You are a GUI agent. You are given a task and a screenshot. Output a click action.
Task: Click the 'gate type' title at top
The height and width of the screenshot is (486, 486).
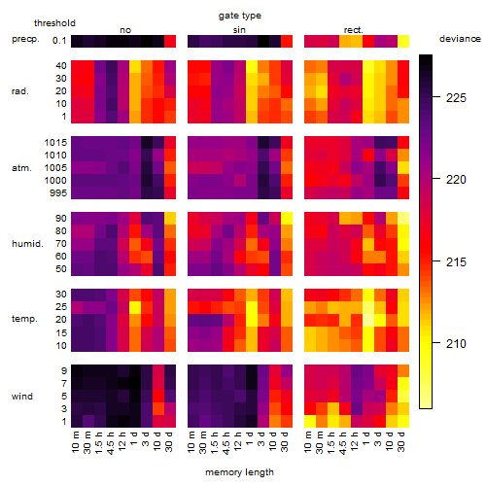point(240,16)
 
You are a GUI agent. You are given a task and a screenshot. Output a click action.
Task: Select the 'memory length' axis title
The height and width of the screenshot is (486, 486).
point(240,472)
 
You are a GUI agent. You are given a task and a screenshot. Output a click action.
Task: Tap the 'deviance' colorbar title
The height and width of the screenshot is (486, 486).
point(460,39)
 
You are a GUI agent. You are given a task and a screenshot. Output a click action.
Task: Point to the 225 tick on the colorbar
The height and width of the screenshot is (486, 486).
point(436,96)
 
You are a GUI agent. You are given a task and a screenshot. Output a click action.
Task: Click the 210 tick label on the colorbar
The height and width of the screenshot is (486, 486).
point(456,343)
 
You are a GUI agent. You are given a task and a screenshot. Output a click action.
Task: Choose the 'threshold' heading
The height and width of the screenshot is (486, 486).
point(54,23)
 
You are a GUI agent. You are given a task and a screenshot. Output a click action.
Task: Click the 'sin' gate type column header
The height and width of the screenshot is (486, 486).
point(239,30)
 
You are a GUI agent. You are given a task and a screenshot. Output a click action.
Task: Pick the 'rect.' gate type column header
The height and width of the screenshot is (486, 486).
point(353,30)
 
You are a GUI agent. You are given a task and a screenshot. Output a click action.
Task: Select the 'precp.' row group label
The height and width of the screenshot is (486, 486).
point(25,39)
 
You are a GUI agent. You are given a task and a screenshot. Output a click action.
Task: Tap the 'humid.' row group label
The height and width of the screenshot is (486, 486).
point(27,243)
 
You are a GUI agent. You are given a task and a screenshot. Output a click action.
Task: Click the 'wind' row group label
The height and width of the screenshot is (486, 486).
point(22,397)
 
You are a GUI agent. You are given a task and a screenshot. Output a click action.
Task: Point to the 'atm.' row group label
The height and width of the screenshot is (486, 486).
point(21,168)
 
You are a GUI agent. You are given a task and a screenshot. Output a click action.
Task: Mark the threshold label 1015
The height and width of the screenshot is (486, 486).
point(55,143)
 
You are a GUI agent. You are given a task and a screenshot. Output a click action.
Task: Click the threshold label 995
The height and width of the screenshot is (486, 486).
point(58,193)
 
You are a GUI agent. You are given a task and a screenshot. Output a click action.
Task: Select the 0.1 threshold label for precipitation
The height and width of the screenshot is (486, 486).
point(59,41)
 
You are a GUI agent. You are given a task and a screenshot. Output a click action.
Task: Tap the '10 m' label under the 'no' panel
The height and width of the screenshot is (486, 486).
point(75,442)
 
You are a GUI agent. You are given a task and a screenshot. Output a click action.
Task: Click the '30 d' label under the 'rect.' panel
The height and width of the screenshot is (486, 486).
point(401,442)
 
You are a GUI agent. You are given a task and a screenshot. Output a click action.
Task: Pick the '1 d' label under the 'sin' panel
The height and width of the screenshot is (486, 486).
point(250,438)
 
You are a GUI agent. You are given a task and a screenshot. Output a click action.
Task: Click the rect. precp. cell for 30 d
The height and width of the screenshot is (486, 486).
point(403,42)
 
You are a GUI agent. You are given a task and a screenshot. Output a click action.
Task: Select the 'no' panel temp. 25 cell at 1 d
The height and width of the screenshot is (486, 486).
point(135,307)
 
